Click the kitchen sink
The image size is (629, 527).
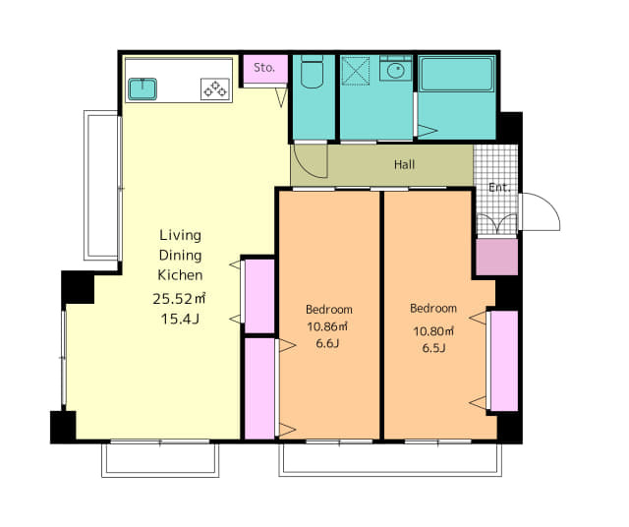143,88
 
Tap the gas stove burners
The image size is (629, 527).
215,89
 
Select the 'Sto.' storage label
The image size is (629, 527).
264,68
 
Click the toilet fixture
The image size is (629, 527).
312,72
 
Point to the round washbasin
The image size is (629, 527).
396,71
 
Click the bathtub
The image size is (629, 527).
456,74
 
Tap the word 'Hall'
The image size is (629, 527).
404,164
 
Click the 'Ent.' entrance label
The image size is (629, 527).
499,188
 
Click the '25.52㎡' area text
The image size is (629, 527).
179,299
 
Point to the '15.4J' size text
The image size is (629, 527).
180,320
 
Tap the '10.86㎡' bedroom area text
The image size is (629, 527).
327,326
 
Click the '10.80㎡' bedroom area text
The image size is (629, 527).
433,331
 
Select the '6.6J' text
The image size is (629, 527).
327,343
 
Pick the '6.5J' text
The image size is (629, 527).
433,348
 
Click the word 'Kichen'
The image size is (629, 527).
180,275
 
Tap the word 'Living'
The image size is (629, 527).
181,236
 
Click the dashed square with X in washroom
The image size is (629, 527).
356,71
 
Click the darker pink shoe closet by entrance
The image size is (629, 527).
497,257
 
